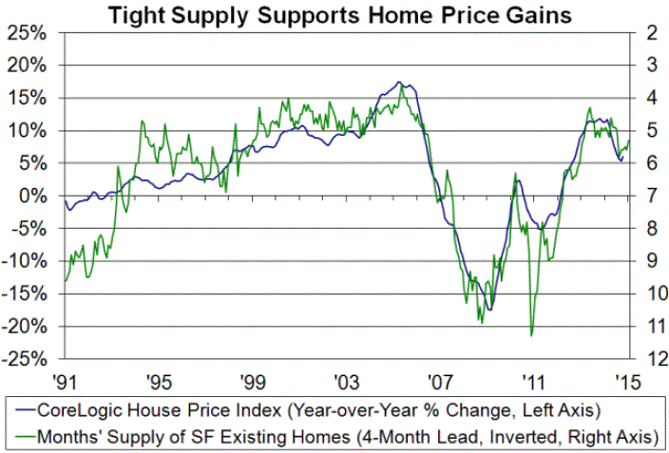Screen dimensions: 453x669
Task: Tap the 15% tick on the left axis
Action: point(30,98)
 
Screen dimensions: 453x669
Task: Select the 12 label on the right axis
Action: point(652,359)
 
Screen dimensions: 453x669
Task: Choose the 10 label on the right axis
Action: point(652,293)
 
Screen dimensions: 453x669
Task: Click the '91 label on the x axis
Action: point(66,381)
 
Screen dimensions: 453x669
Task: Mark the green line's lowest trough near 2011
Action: point(531,334)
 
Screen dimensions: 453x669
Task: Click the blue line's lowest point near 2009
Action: point(490,310)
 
